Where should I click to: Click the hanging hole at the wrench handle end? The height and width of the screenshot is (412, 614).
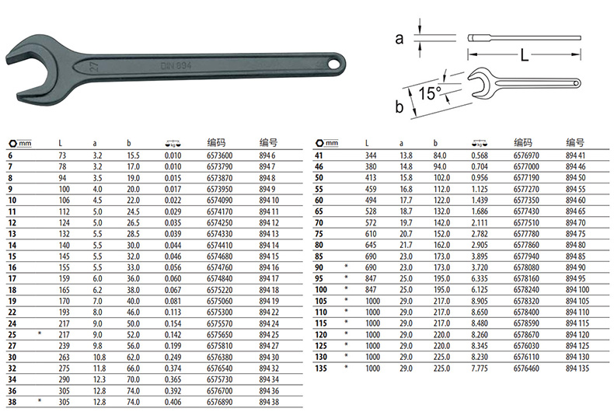click(336, 63)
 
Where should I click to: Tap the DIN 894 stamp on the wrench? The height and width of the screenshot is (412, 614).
click(176, 65)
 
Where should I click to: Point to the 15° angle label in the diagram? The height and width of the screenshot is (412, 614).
click(430, 93)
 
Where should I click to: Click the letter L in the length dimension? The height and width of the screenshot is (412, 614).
click(525, 55)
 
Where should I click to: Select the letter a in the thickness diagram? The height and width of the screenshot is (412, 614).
click(399, 39)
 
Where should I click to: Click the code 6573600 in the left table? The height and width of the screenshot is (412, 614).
click(219, 155)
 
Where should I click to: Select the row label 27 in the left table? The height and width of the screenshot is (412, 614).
click(12, 346)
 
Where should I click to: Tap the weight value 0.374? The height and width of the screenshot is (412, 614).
click(173, 368)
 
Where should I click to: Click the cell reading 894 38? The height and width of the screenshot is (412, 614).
click(269, 402)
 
